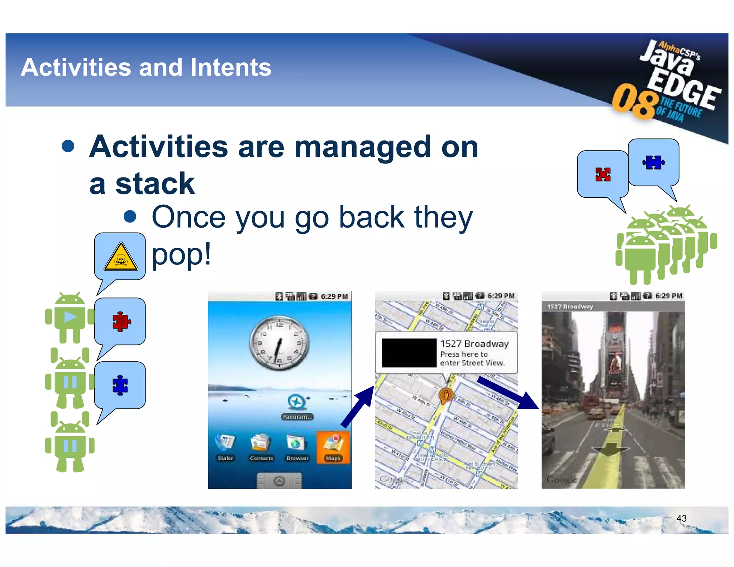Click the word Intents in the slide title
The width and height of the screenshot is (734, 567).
pyautogui.click(x=230, y=67)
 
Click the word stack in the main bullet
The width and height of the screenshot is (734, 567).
pyautogui.click(x=155, y=184)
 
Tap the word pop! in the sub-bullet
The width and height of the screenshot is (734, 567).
pyautogui.click(x=181, y=254)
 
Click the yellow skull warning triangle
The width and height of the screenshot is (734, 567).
pyautogui.click(x=121, y=257)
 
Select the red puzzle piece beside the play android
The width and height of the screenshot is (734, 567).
pyautogui.click(x=121, y=321)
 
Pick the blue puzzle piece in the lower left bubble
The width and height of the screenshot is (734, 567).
pyautogui.click(x=120, y=385)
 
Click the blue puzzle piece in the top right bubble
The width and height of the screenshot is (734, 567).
pyautogui.click(x=653, y=162)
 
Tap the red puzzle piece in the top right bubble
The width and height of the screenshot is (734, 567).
pyautogui.click(x=603, y=175)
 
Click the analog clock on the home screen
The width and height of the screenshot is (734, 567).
pyautogui.click(x=279, y=343)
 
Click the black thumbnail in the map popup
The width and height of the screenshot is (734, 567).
pyautogui.click(x=409, y=353)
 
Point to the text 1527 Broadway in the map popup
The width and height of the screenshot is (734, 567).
pyautogui.click(x=474, y=344)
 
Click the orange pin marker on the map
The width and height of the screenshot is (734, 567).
pyautogui.click(x=446, y=395)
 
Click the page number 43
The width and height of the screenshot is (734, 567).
pyautogui.click(x=681, y=518)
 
